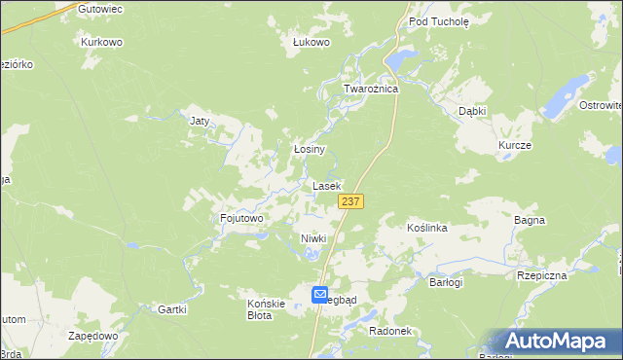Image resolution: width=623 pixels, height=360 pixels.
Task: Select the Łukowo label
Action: (x=312, y=43)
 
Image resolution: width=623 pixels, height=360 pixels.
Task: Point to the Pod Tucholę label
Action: (x=439, y=20)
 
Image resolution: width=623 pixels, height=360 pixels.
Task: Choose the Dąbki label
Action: (x=472, y=111)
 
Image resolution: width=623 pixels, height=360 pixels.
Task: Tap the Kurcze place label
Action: (x=514, y=145)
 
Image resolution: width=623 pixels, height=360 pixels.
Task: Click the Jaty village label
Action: (x=200, y=122)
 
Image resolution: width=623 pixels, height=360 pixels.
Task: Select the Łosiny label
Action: (x=309, y=150)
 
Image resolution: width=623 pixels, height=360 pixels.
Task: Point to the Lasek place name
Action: (x=326, y=185)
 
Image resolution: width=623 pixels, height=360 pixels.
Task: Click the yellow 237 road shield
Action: (x=351, y=200)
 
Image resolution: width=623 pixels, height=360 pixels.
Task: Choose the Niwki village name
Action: (x=312, y=238)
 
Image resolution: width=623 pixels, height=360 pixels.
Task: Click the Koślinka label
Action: (x=426, y=228)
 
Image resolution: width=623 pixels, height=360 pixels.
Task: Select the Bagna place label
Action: (x=530, y=221)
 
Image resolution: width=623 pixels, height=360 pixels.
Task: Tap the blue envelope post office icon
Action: (x=320, y=294)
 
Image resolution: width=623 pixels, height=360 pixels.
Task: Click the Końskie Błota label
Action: (x=266, y=309)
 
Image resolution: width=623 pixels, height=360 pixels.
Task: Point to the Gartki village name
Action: (x=171, y=309)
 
